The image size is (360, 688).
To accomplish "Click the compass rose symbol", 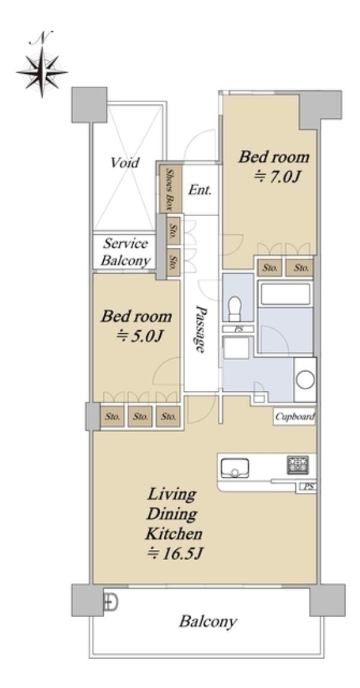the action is coord(42,72).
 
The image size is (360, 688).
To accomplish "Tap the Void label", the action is coord(125,163).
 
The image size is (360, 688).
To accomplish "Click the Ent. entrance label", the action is coord(200,190).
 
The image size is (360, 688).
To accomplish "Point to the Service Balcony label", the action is coord(126,252).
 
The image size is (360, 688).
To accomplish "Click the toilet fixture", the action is coord(235,308).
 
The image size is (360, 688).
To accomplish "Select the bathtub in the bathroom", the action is coord(286,294).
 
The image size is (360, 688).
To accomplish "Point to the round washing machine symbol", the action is coord(305,379).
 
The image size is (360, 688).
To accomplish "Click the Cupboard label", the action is coord(295,417).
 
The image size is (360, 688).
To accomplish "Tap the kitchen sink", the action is coord(235,468).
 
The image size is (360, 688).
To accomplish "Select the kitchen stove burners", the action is coord(298,465).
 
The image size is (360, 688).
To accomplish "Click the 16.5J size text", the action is coord(174,555).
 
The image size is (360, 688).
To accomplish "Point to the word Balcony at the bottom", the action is coord(208,621).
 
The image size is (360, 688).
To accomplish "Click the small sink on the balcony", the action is coord(110,602).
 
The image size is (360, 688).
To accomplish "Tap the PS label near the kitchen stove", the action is coord(306,487).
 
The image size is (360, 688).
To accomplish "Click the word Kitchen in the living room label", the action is coord(174,534).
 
